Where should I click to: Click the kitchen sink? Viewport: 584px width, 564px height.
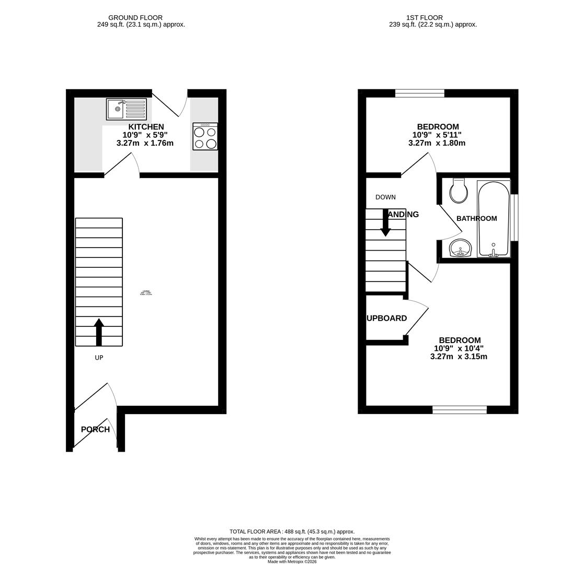click(x=127, y=109)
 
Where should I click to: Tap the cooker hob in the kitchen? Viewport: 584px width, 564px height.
click(x=205, y=136)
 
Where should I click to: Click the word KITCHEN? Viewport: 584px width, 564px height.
click(x=146, y=127)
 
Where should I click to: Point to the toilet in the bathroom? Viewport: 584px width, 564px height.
click(x=459, y=191)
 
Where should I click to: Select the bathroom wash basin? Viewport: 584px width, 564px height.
click(x=460, y=248)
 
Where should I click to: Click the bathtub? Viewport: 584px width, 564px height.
click(x=494, y=218)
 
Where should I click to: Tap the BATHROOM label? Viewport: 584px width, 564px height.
click(x=476, y=218)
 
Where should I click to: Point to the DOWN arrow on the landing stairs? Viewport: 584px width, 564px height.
click(x=385, y=223)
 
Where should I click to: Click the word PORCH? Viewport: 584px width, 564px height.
click(x=95, y=429)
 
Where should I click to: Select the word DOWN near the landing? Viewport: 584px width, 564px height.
click(x=385, y=197)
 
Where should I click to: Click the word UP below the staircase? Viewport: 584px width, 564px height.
click(x=99, y=358)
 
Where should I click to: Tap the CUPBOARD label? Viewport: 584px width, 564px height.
click(x=386, y=318)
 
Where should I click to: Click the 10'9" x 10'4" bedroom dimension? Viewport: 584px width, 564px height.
click(x=459, y=348)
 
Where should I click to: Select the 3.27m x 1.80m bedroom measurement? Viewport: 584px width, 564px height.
click(x=437, y=143)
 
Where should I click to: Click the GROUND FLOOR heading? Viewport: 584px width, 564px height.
click(x=135, y=18)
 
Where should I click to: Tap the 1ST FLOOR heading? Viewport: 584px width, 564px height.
click(x=424, y=18)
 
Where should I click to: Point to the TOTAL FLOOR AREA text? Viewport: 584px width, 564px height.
click(x=292, y=532)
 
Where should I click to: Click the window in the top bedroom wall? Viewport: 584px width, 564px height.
click(x=419, y=93)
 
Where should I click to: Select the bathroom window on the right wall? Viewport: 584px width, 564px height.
click(x=514, y=217)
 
